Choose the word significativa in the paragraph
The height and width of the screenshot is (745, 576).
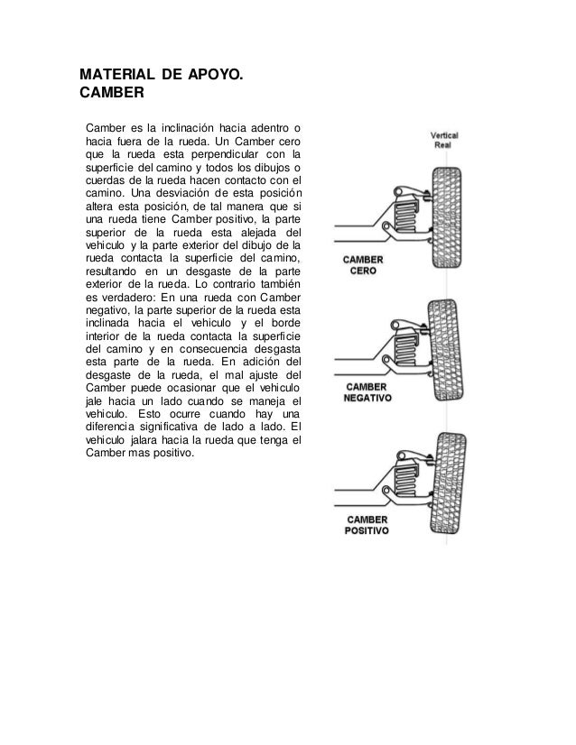(175, 431)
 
